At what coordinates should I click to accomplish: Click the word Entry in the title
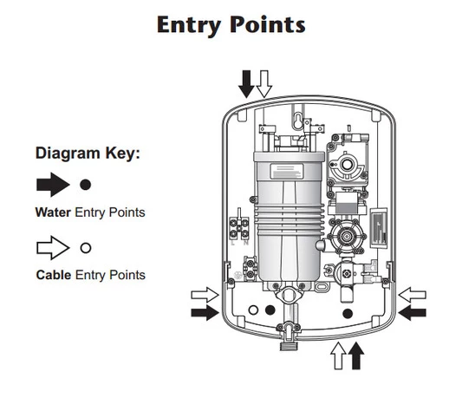[189, 26]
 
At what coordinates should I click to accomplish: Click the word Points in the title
[268, 24]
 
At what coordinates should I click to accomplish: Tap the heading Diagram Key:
[88, 153]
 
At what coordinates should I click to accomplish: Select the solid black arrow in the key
[53, 185]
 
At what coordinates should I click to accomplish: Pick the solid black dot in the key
[86, 185]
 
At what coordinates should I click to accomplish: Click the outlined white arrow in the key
[53, 248]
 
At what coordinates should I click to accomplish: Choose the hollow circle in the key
[86, 248]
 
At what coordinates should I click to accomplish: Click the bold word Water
[53, 212]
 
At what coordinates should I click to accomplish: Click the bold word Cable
[54, 275]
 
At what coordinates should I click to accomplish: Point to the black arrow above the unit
[246, 84]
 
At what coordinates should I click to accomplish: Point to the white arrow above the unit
[264, 84]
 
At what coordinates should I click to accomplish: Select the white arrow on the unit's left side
[205, 295]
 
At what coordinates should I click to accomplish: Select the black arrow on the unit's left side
[205, 312]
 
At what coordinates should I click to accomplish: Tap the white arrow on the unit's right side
[413, 295]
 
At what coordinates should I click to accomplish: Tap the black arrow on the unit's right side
[413, 312]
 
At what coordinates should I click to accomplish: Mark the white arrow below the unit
[338, 356]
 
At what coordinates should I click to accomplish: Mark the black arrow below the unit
[356, 356]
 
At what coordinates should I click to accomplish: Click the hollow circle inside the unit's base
[253, 310]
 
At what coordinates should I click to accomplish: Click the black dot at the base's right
[348, 314]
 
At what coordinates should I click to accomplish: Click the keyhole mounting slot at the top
[298, 121]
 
